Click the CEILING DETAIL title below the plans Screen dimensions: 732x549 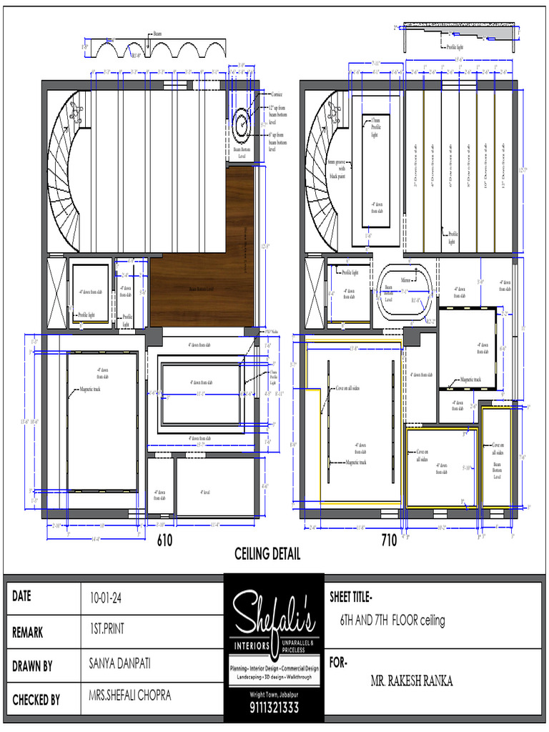pos(267,554)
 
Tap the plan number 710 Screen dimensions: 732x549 pos(389,540)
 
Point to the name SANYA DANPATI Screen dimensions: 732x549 pos(120,665)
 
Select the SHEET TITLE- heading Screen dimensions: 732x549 pos(350,597)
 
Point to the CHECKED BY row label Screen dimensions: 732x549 pos(36,700)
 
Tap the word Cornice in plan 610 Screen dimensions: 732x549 pos(277,94)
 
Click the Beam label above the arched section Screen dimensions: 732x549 pos(157,34)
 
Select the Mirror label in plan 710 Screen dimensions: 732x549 pos(405,281)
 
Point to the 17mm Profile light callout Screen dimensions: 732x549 pos(376,129)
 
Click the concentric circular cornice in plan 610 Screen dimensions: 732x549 pos(242,122)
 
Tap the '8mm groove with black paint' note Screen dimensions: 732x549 pos(336,169)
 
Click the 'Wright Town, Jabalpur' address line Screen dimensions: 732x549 pos(274,694)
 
